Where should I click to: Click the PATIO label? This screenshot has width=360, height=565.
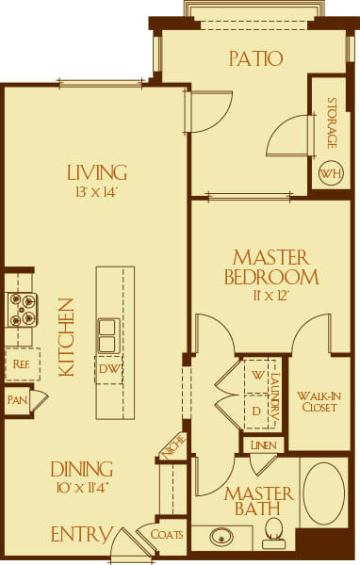pyautogui.click(x=255, y=58)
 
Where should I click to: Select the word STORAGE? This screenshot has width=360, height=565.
pyautogui.click(x=332, y=123)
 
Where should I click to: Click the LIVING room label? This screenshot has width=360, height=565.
pyautogui.click(x=96, y=172)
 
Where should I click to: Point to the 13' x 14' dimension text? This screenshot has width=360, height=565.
pyautogui.click(x=96, y=192)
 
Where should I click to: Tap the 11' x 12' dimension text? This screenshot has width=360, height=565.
pyautogui.click(x=270, y=295)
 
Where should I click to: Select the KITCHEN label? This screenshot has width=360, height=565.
pyautogui.click(x=66, y=337)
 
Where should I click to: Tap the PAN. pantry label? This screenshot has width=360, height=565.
pyautogui.click(x=16, y=400)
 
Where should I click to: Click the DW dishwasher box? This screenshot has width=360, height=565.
pyautogui.click(x=108, y=369)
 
